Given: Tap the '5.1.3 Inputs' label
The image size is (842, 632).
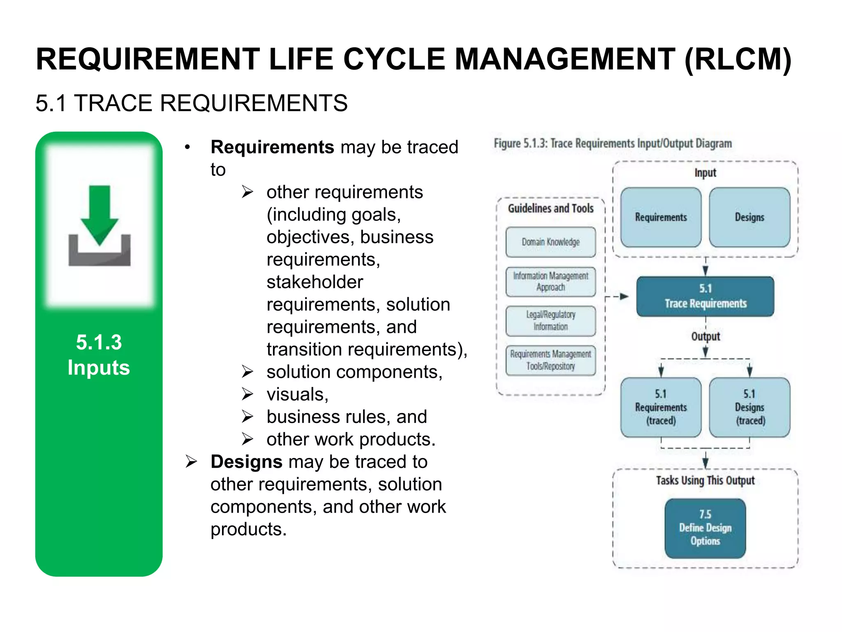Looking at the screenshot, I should click(x=99, y=355).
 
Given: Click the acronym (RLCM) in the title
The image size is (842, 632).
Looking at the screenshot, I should click(x=738, y=59).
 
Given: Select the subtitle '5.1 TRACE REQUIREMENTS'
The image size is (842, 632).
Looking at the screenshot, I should click(x=192, y=103).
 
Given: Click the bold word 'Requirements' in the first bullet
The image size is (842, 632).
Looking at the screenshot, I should click(x=272, y=147).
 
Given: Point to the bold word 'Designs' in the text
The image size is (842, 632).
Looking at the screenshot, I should click(x=246, y=462).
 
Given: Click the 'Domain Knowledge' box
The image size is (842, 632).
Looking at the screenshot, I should click(x=551, y=242).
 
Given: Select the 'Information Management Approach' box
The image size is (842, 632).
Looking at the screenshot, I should click(x=551, y=281).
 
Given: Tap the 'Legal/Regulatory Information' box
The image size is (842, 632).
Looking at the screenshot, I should click(x=551, y=321).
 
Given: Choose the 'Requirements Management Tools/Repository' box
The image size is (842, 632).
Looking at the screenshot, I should click(x=551, y=360).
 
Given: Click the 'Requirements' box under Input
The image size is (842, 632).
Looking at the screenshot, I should click(x=661, y=217).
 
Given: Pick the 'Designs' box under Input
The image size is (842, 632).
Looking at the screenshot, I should click(x=749, y=217).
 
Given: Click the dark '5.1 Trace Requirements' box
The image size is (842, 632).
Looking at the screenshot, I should click(x=705, y=296).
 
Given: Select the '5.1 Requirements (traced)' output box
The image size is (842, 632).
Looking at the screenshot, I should click(x=661, y=407).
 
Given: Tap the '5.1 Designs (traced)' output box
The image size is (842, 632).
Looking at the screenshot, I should click(x=749, y=407).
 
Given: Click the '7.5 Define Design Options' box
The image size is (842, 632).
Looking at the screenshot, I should click(x=705, y=528).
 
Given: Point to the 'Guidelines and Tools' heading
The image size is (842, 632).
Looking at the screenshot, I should click(x=551, y=209).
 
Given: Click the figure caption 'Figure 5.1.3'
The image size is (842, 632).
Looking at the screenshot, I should click(x=613, y=144).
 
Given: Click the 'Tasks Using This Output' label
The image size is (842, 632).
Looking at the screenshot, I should click(x=705, y=481).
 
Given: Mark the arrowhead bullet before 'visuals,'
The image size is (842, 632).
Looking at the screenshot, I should click(x=247, y=394).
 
